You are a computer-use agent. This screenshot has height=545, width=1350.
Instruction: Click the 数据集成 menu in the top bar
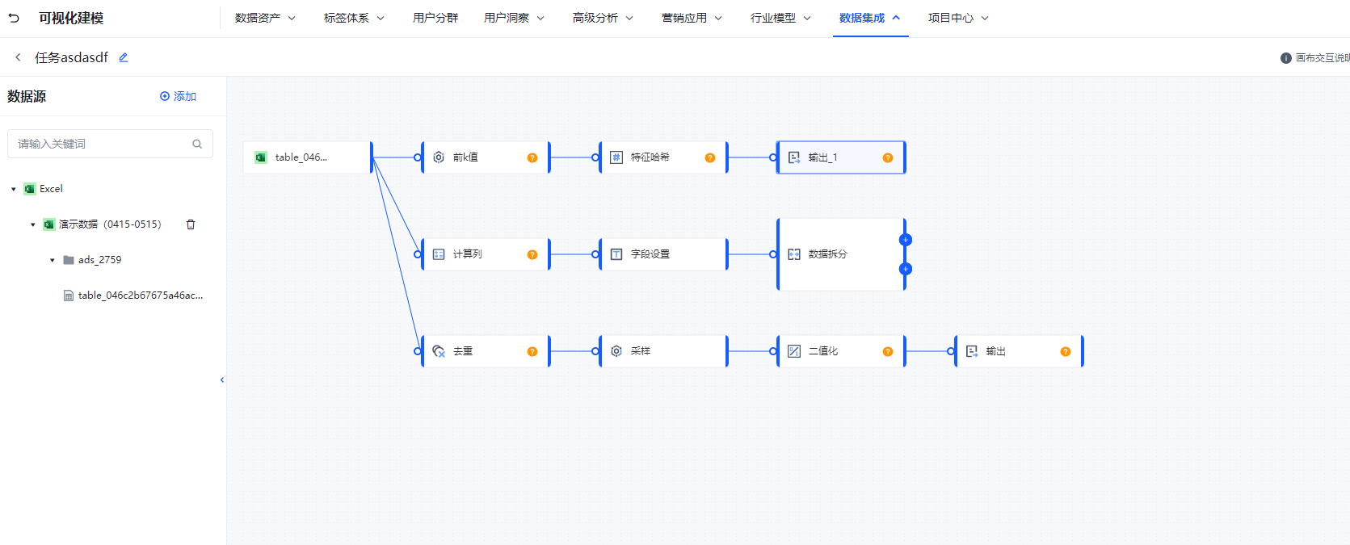click(x=868, y=18)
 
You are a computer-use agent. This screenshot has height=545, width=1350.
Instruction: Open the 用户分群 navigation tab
click(x=435, y=18)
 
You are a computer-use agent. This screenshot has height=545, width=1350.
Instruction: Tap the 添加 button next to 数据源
click(x=178, y=96)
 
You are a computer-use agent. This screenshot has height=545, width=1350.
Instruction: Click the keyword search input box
click(x=101, y=144)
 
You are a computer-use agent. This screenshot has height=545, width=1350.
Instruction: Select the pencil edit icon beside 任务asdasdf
click(x=124, y=57)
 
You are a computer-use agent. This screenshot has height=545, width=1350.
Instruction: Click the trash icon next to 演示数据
click(x=191, y=224)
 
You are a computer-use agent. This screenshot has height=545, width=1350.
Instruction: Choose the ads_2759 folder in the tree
click(x=99, y=260)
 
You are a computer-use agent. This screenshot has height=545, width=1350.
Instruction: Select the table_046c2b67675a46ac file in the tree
click(x=139, y=296)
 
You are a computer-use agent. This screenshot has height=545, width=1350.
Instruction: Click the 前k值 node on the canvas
click(x=477, y=157)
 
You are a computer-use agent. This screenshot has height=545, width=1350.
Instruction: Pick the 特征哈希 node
click(x=654, y=157)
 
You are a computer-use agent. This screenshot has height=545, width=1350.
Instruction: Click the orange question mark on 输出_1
click(x=888, y=157)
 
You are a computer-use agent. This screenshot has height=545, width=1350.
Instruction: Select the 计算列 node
click(x=477, y=254)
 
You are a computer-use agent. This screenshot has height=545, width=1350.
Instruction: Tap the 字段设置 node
click(x=654, y=254)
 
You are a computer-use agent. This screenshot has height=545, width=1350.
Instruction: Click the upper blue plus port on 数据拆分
click(x=906, y=240)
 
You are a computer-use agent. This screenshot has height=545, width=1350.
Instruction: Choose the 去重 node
click(x=477, y=351)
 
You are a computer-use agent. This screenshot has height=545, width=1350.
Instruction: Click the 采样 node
click(x=654, y=351)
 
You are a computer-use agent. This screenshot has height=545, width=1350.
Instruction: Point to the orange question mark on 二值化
click(x=888, y=351)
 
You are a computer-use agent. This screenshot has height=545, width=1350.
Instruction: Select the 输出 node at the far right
click(x=1010, y=351)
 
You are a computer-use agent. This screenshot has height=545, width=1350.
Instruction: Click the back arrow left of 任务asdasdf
click(x=18, y=57)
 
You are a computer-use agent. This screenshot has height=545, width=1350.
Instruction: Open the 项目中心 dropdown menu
click(x=957, y=18)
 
